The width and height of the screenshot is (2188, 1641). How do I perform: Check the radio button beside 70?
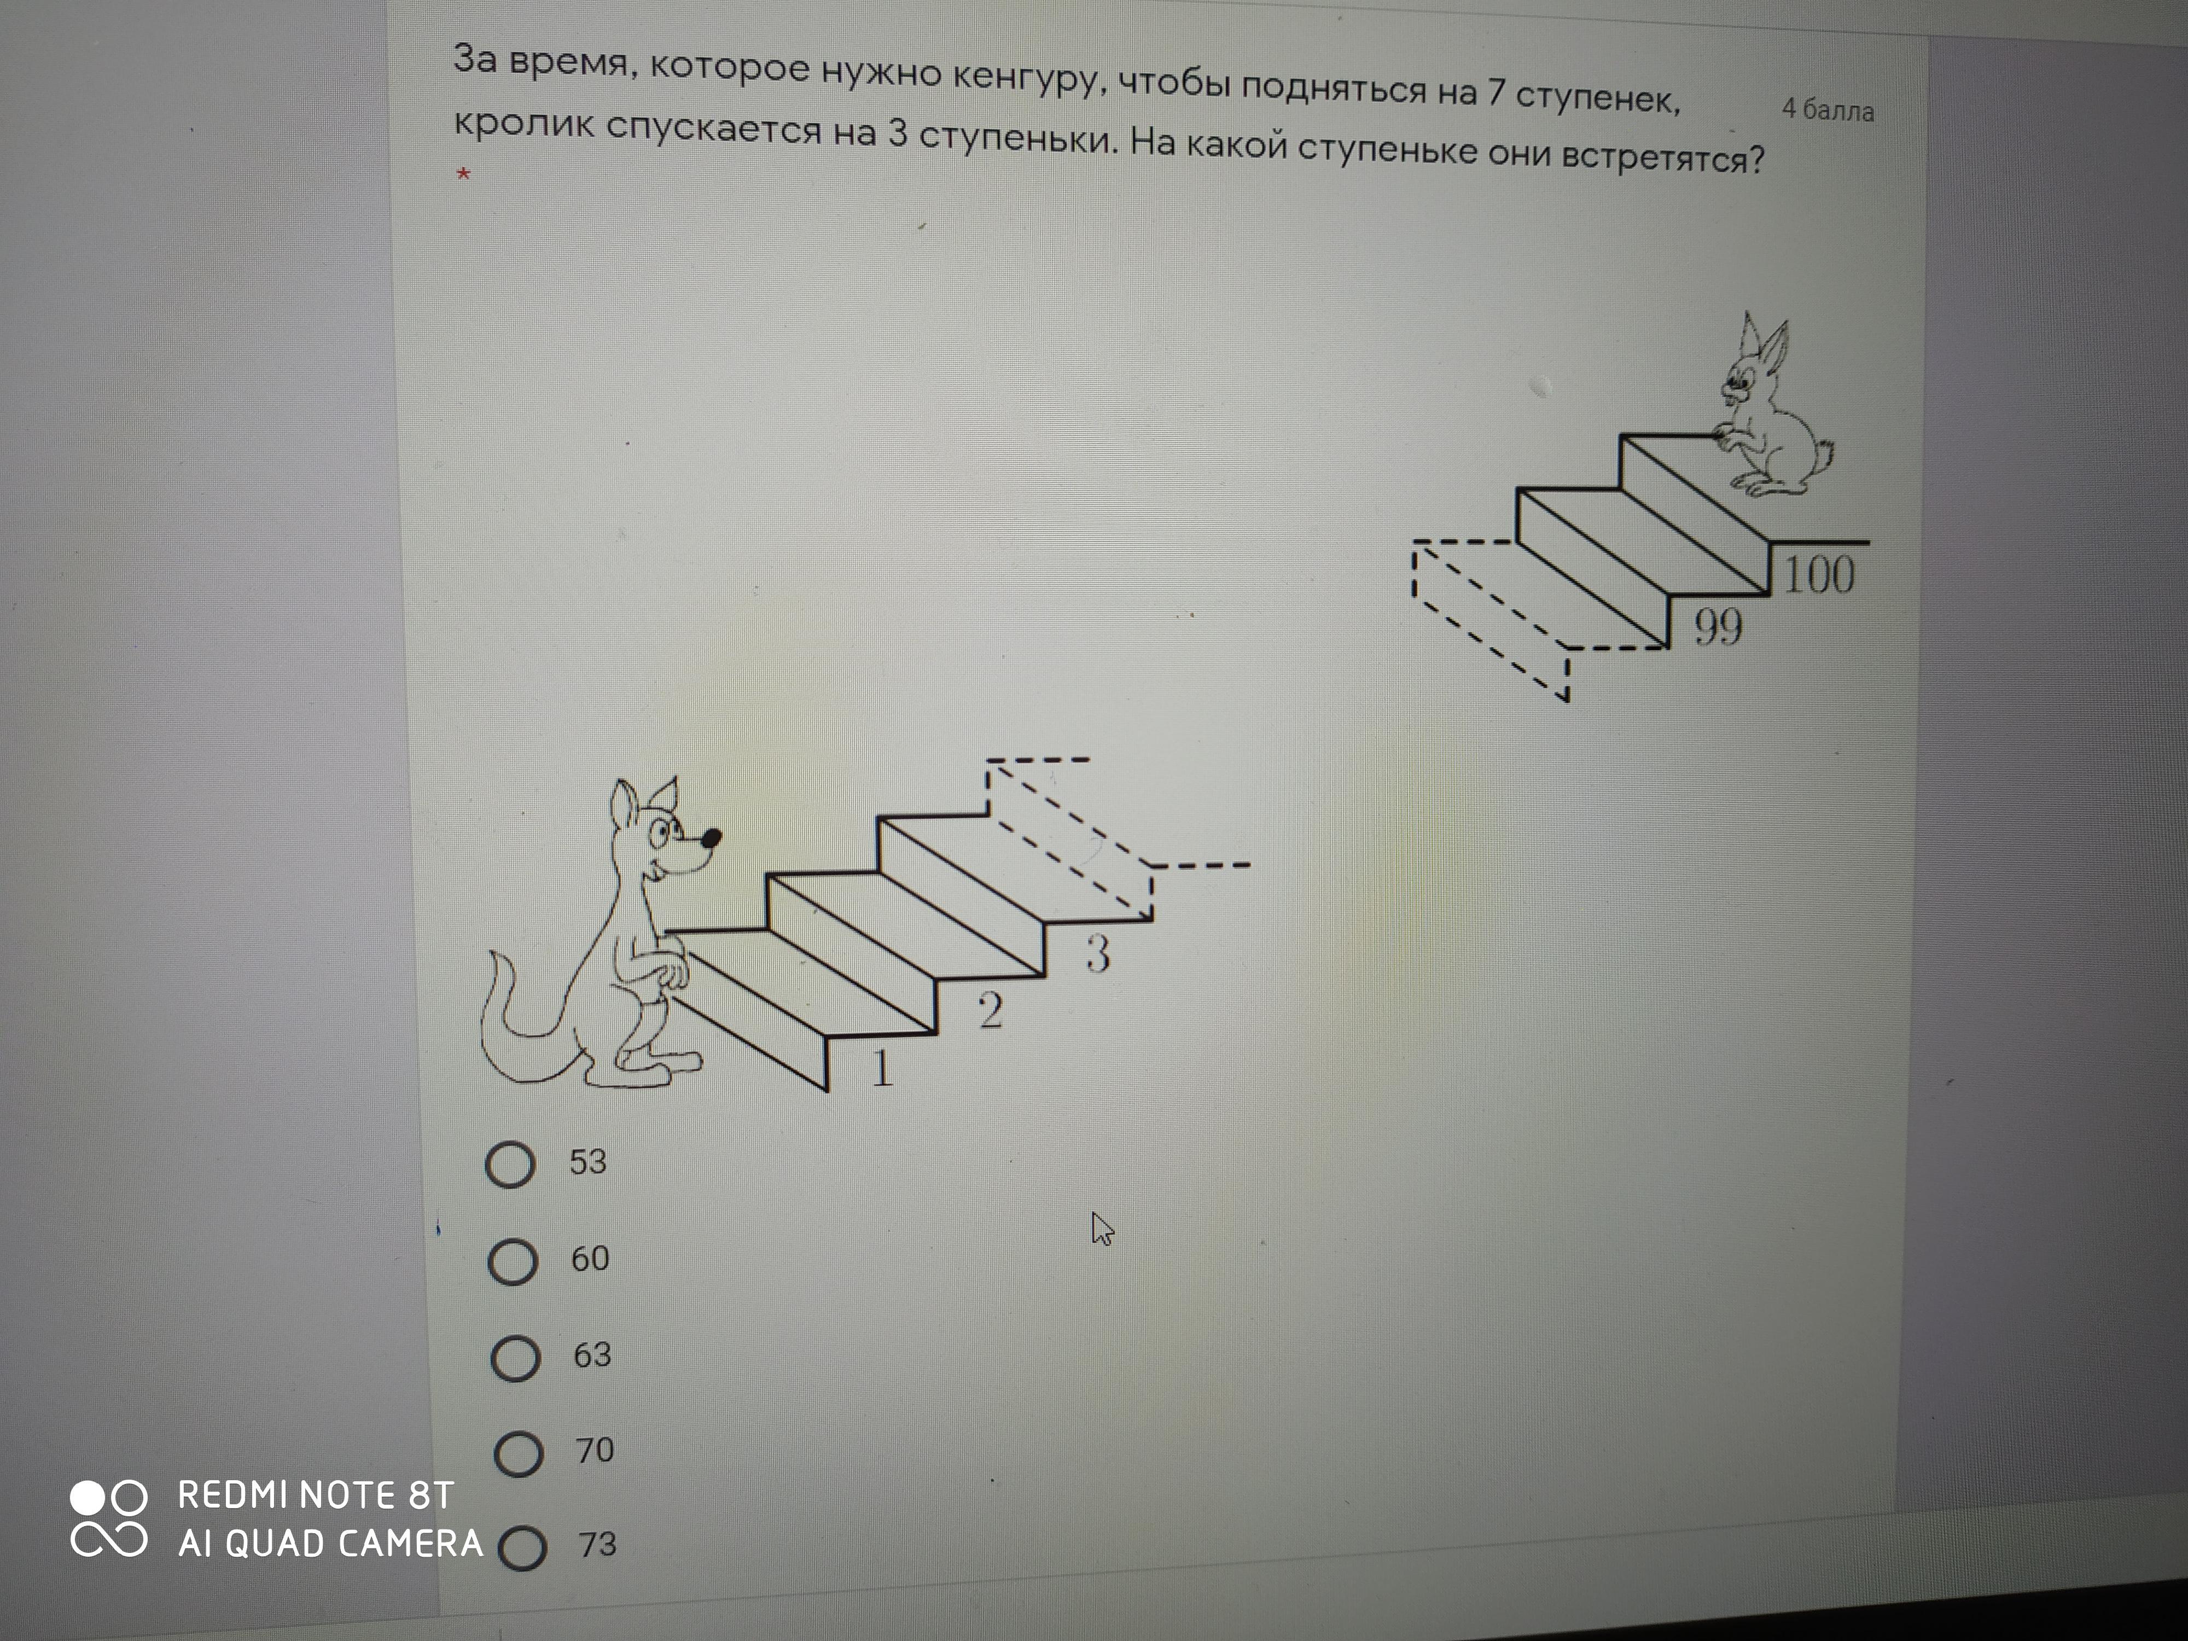pos(519,1453)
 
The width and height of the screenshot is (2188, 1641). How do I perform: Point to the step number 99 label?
pos(1718,626)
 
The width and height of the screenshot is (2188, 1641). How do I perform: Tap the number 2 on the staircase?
pos(990,1010)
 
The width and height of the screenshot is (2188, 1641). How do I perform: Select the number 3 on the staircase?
pos(1098,953)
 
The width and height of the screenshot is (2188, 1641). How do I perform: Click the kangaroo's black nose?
pos(710,839)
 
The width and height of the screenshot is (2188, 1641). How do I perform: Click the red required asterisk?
pos(463,175)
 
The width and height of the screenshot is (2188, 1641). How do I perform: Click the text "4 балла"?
pos(1828,110)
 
